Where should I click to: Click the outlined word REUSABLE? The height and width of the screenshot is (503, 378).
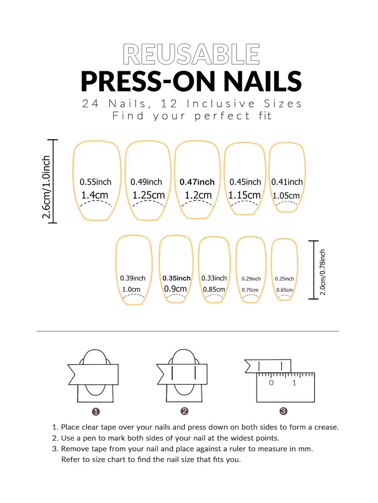191,54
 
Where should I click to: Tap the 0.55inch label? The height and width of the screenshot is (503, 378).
95,182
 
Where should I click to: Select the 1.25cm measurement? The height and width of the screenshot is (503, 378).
148,195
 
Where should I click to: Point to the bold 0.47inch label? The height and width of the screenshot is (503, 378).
197,182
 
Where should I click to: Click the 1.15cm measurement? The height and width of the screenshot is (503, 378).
244,195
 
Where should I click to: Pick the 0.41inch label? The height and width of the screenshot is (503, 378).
287,182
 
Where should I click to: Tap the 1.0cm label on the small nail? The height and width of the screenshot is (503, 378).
131,289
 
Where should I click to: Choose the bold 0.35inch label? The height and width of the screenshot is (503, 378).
177,278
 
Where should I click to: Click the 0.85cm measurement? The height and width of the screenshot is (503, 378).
214,289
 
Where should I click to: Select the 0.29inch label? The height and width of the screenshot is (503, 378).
251,279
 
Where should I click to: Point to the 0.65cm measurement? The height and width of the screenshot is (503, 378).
285,290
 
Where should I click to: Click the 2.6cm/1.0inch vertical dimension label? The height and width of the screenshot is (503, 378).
46,187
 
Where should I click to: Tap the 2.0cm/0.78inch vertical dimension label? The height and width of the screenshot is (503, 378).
322,273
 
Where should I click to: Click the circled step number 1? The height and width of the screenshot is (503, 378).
96,412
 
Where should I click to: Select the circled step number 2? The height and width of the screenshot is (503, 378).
184,411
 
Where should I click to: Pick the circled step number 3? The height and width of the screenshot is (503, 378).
283,411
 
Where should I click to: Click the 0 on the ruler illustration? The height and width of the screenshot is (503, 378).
271,383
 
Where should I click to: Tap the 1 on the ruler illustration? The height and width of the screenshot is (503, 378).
294,383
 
